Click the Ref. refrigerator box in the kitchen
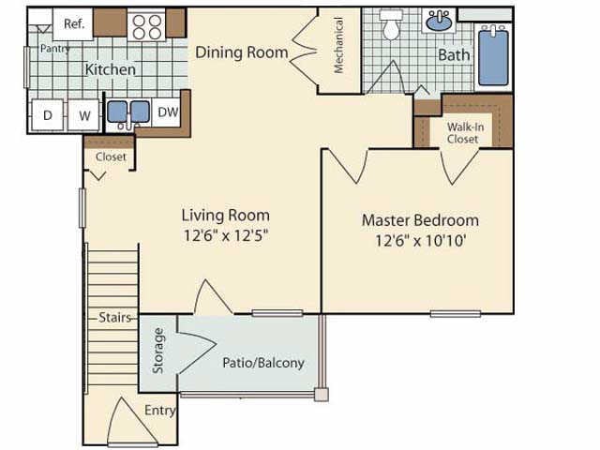[x=73, y=23]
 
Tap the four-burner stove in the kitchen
[x=146, y=26]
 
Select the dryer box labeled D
[x=47, y=116]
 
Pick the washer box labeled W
[x=83, y=116]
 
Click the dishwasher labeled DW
[x=167, y=112]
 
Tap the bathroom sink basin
[x=439, y=21]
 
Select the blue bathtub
[x=493, y=56]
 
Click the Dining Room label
[x=241, y=52]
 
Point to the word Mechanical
[x=338, y=45]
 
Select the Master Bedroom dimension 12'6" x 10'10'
[x=420, y=239]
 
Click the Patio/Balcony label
[x=262, y=363]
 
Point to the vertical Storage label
[x=158, y=350]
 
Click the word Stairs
[x=115, y=318]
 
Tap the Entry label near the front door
[x=158, y=410]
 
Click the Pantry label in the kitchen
[x=54, y=49]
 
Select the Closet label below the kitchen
[x=111, y=157]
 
